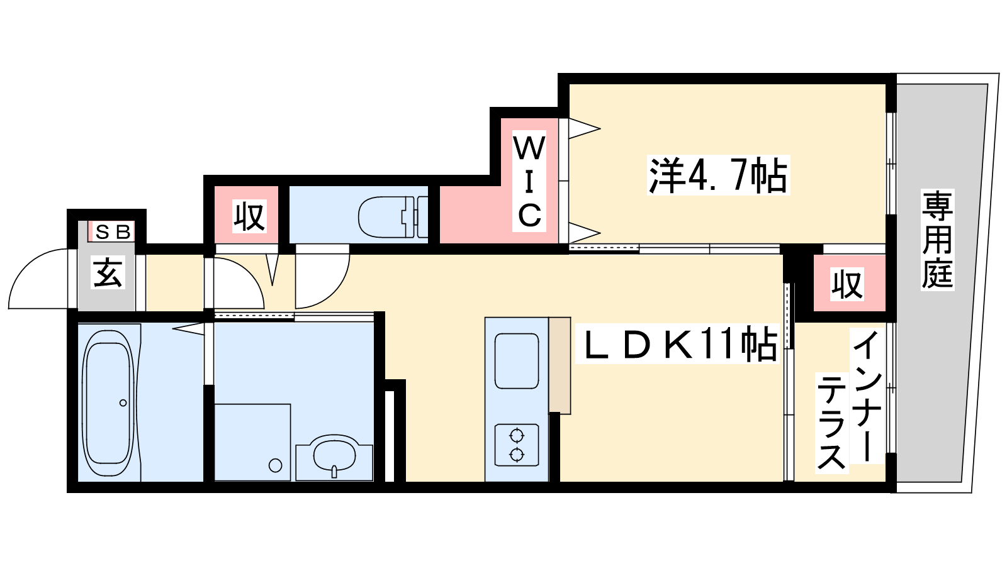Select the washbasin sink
(x=334, y=453)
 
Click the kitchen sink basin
(x=517, y=361)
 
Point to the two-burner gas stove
(x=517, y=445)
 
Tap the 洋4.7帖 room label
(x=718, y=176)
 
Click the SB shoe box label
(x=113, y=232)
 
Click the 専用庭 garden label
(x=937, y=240)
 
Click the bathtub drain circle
(x=123, y=403)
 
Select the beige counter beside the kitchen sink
(x=560, y=365)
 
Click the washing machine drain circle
(x=275, y=465)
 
